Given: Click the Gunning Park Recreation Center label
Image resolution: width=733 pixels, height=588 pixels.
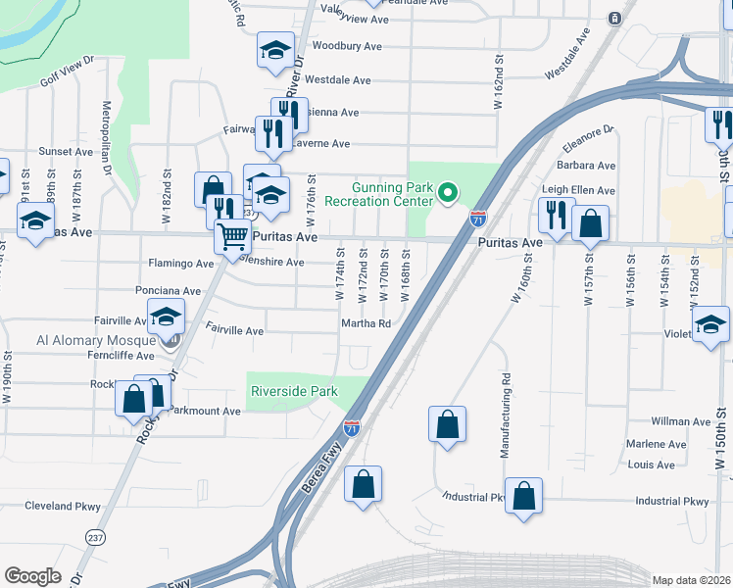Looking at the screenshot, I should (x=392, y=193).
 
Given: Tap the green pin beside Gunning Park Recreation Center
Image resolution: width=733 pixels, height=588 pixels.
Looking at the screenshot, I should (x=449, y=193).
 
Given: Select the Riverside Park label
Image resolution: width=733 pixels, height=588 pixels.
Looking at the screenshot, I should (x=294, y=391).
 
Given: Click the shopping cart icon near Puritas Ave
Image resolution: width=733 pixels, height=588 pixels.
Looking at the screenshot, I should (x=232, y=236).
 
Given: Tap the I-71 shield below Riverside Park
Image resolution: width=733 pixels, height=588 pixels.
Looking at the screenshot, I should (x=352, y=427).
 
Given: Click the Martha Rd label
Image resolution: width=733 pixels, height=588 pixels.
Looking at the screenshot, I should (x=366, y=323).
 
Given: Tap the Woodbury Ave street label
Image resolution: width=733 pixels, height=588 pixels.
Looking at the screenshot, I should (x=346, y=46).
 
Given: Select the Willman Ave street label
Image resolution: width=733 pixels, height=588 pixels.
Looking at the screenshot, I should (x=682, y=421).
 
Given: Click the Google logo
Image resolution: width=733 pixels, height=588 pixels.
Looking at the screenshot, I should (x=33, y=575).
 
